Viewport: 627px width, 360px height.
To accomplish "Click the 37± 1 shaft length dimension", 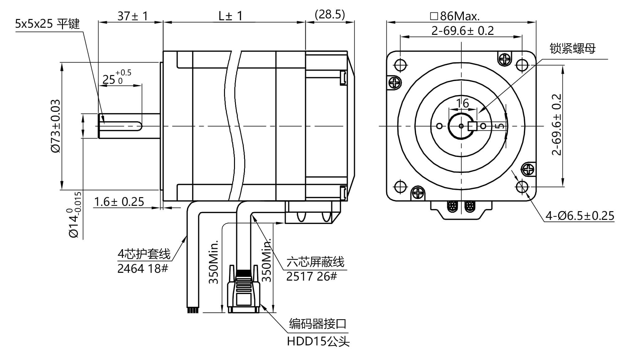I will click(x=132, y=16).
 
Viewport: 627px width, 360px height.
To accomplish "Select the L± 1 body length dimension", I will click(x=230, y=16).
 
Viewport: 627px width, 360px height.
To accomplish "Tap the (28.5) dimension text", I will click(x=330, y=14).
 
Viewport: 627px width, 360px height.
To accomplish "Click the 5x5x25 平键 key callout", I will click(x=47, y=24).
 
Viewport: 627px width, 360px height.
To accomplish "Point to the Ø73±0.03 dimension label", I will click(x=55, y=126).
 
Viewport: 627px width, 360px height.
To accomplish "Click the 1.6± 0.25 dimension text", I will click(x=119, y=202).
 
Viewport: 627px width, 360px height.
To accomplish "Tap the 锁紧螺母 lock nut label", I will click(x=572, y=49).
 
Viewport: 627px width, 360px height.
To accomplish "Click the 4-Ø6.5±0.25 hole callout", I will click(x=580, y=216).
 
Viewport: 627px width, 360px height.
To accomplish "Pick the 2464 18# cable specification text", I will click(x=142, y=268).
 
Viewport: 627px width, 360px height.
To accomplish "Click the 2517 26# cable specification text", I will click(x=311, y=276).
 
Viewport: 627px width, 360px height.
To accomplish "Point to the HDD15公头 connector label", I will click(x=318, y=342).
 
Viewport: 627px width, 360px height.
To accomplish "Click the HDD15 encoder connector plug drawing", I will click(x=244, y=293).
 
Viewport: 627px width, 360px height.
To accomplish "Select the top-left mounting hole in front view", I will click(x=400, y=65).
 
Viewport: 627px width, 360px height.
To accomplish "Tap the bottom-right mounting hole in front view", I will click(x=522, y=187).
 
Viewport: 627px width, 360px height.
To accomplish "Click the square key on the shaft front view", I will click(x=473, y=126).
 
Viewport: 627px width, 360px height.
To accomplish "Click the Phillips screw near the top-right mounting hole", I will click(x=505, y=58).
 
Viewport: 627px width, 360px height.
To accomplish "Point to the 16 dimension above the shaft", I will click(x=462, y=103).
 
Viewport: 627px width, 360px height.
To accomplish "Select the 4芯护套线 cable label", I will click(x=144, y=254).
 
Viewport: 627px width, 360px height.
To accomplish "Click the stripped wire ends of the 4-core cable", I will click(x=193, y=310).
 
